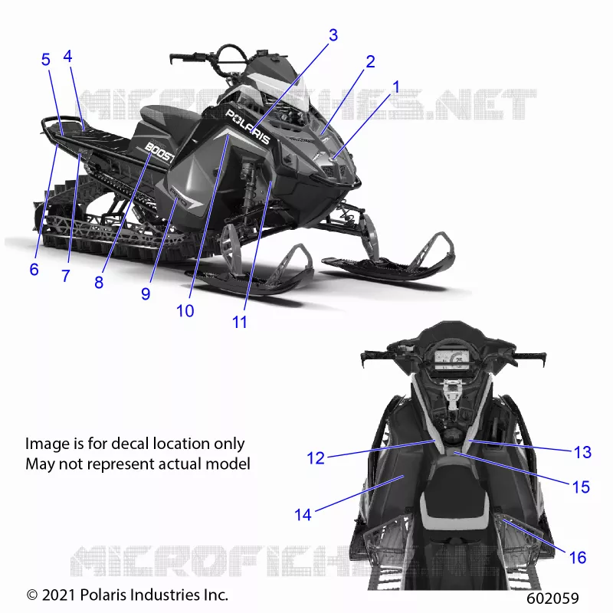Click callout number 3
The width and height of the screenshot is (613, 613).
click(333, 35)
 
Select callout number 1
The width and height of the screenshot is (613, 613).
click(396, 87)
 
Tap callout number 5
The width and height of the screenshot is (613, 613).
click(46, 60)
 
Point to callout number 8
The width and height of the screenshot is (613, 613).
click(99, 282)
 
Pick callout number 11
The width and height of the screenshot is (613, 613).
click(240, 322)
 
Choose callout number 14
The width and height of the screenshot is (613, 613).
click(303, 514)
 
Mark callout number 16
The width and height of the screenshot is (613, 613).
click(578, 558)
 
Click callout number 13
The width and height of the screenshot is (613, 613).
click(582, 452)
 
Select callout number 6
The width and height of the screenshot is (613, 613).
click(34, 270)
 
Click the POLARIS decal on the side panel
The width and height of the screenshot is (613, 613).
click(248, 126)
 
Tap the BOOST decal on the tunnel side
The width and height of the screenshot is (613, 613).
click(159, 152)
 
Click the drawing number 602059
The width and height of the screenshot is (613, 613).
click(552, 598)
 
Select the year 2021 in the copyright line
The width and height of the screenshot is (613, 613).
click(58, 595)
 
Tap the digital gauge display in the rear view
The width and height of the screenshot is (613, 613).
click(451, 359)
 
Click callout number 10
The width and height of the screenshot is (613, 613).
click(185, 311)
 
